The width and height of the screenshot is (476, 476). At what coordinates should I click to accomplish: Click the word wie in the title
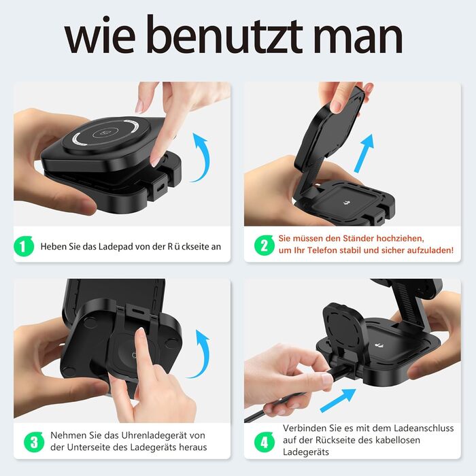point(100,38)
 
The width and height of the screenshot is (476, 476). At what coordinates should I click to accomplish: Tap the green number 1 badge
point(24,246)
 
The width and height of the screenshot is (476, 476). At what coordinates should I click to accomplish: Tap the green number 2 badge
point(264,245)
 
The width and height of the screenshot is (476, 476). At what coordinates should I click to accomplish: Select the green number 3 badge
point(34,442)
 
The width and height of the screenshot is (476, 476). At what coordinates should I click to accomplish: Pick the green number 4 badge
point(264,442)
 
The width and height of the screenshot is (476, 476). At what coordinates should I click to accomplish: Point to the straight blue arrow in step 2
point(364,154)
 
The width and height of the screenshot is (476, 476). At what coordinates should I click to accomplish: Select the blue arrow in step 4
point(337,400)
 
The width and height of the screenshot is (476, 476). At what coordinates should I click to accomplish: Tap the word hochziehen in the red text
point(400,238)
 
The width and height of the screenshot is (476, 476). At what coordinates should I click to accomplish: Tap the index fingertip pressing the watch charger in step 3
point(140,333)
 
